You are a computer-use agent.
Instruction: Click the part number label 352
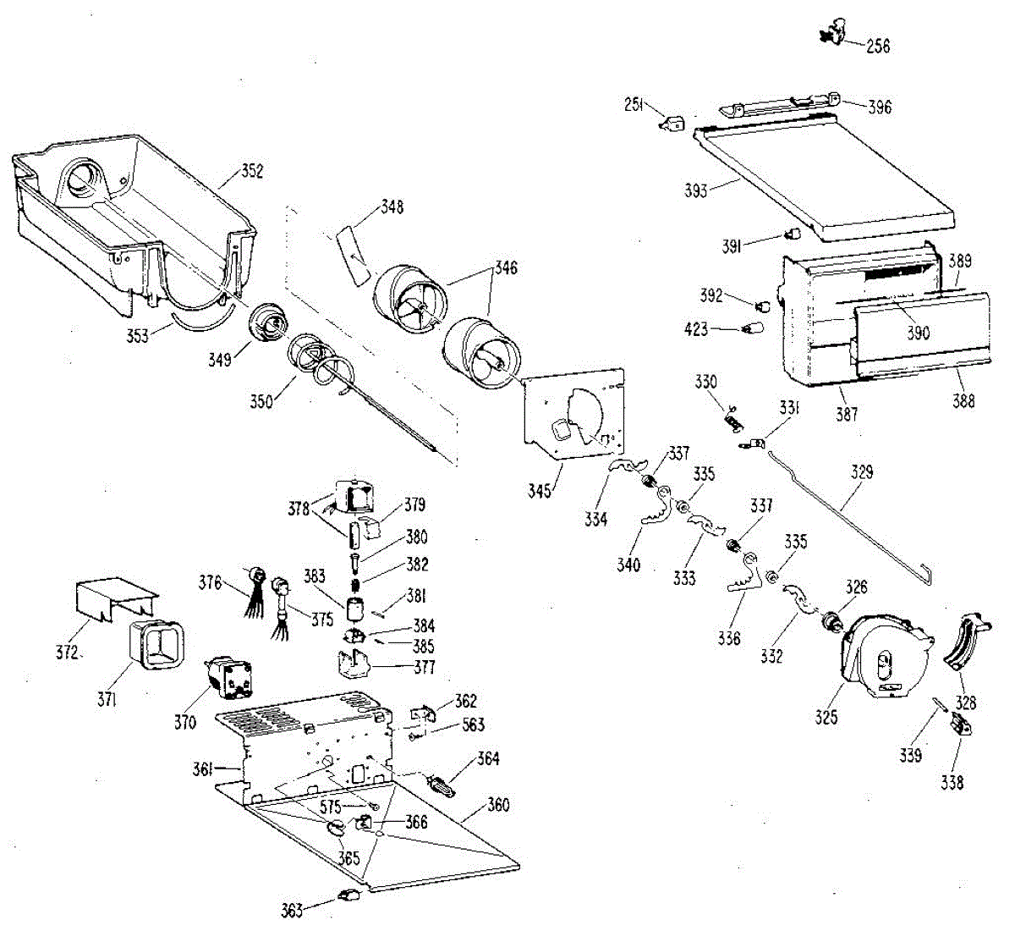(252, 172)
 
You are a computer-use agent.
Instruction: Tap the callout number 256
(878, 47)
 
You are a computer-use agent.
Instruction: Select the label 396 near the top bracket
(880, 107)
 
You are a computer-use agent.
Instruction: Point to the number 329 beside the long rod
(862, 472)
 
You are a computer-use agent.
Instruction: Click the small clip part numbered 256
(832, 35)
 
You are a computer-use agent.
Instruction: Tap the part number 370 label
(184, 722)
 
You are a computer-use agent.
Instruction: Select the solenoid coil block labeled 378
(354, 494)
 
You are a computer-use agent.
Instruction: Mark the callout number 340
(628, 565)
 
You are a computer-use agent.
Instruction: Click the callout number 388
(963, 401)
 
